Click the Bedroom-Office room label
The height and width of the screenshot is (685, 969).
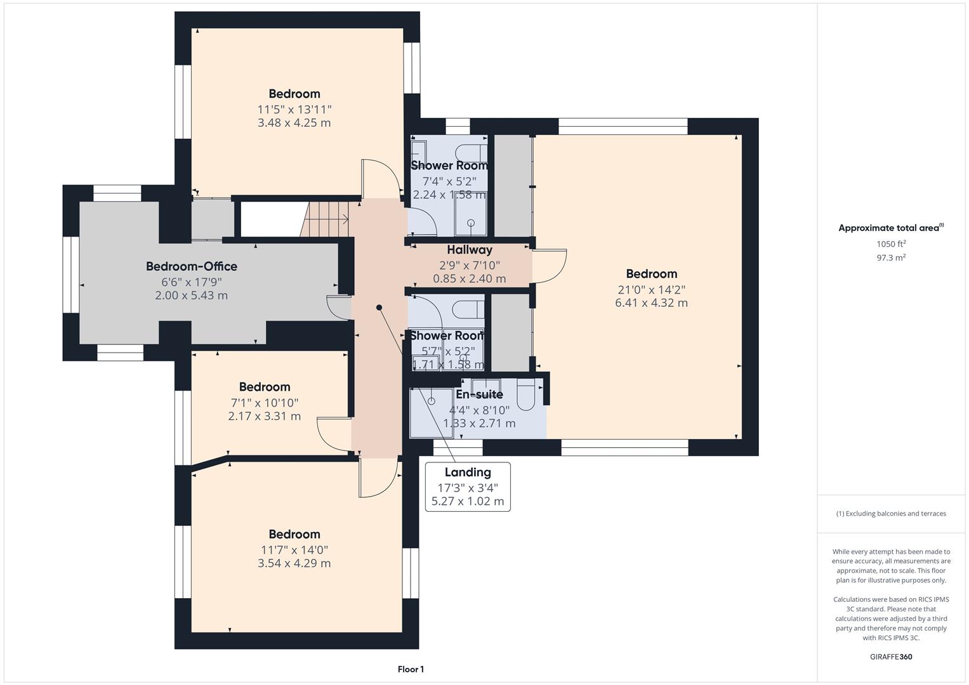pos(192,266)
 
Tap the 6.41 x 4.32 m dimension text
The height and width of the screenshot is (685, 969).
pos(651,303)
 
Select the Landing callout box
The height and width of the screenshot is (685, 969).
pos(468,487)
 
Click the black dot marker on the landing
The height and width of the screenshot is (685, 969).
pos(379,308)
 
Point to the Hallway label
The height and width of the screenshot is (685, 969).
pos(470,250)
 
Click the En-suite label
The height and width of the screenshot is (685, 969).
pos(479,395)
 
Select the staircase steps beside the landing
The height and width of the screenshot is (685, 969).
pos(325,219)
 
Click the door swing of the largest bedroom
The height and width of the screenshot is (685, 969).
pos(550,266)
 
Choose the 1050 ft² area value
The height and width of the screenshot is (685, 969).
pos(890,244)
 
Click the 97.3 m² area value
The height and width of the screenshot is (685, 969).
pos(890,258)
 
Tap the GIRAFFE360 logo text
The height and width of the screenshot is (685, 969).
pos(890,657)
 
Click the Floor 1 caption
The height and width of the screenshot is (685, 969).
pos(411,669)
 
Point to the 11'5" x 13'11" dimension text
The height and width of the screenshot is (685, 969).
pos(294,109)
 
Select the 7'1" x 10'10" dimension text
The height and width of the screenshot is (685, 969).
pos(265,403)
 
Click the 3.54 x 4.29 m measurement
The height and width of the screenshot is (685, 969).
pos(294,563)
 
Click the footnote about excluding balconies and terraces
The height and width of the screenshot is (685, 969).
pos(890,514)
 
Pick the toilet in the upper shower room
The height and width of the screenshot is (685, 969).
pos(473,152)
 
